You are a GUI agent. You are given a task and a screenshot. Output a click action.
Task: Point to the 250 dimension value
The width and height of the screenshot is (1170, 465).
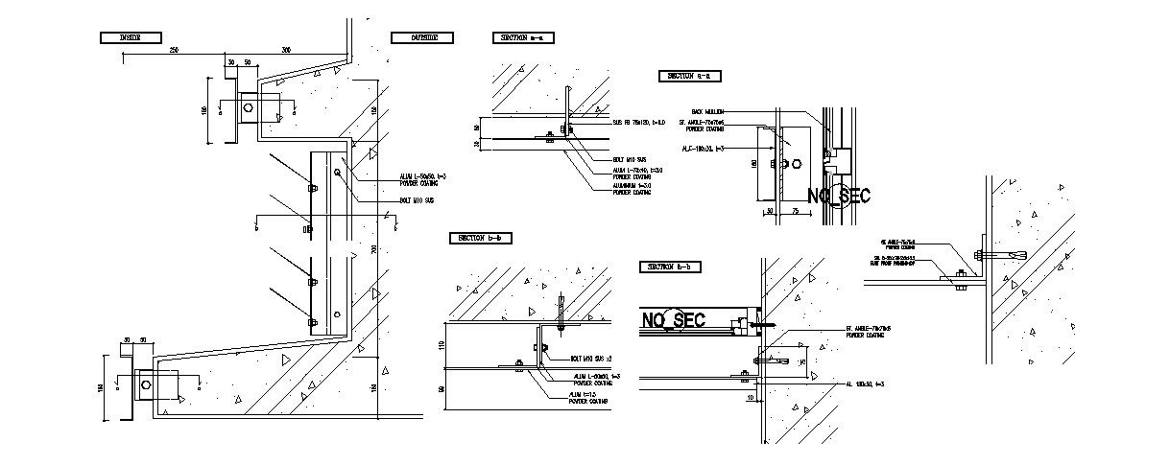coord(174,49)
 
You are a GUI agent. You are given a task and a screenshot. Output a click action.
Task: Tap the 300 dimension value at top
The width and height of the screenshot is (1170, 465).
coord(286,49)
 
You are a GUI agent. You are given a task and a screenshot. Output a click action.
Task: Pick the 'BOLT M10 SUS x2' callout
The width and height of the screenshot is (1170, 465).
coord(593,359)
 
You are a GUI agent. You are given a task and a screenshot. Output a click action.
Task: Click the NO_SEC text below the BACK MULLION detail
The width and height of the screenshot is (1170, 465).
coord(839,197)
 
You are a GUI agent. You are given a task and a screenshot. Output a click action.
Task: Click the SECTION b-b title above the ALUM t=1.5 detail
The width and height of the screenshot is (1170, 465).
coord(481,238)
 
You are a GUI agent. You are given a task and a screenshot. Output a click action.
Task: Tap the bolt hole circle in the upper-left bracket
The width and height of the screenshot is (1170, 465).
coord(249,108)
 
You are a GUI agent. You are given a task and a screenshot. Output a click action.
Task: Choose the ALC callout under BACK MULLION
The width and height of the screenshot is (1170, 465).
coord(702,149)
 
